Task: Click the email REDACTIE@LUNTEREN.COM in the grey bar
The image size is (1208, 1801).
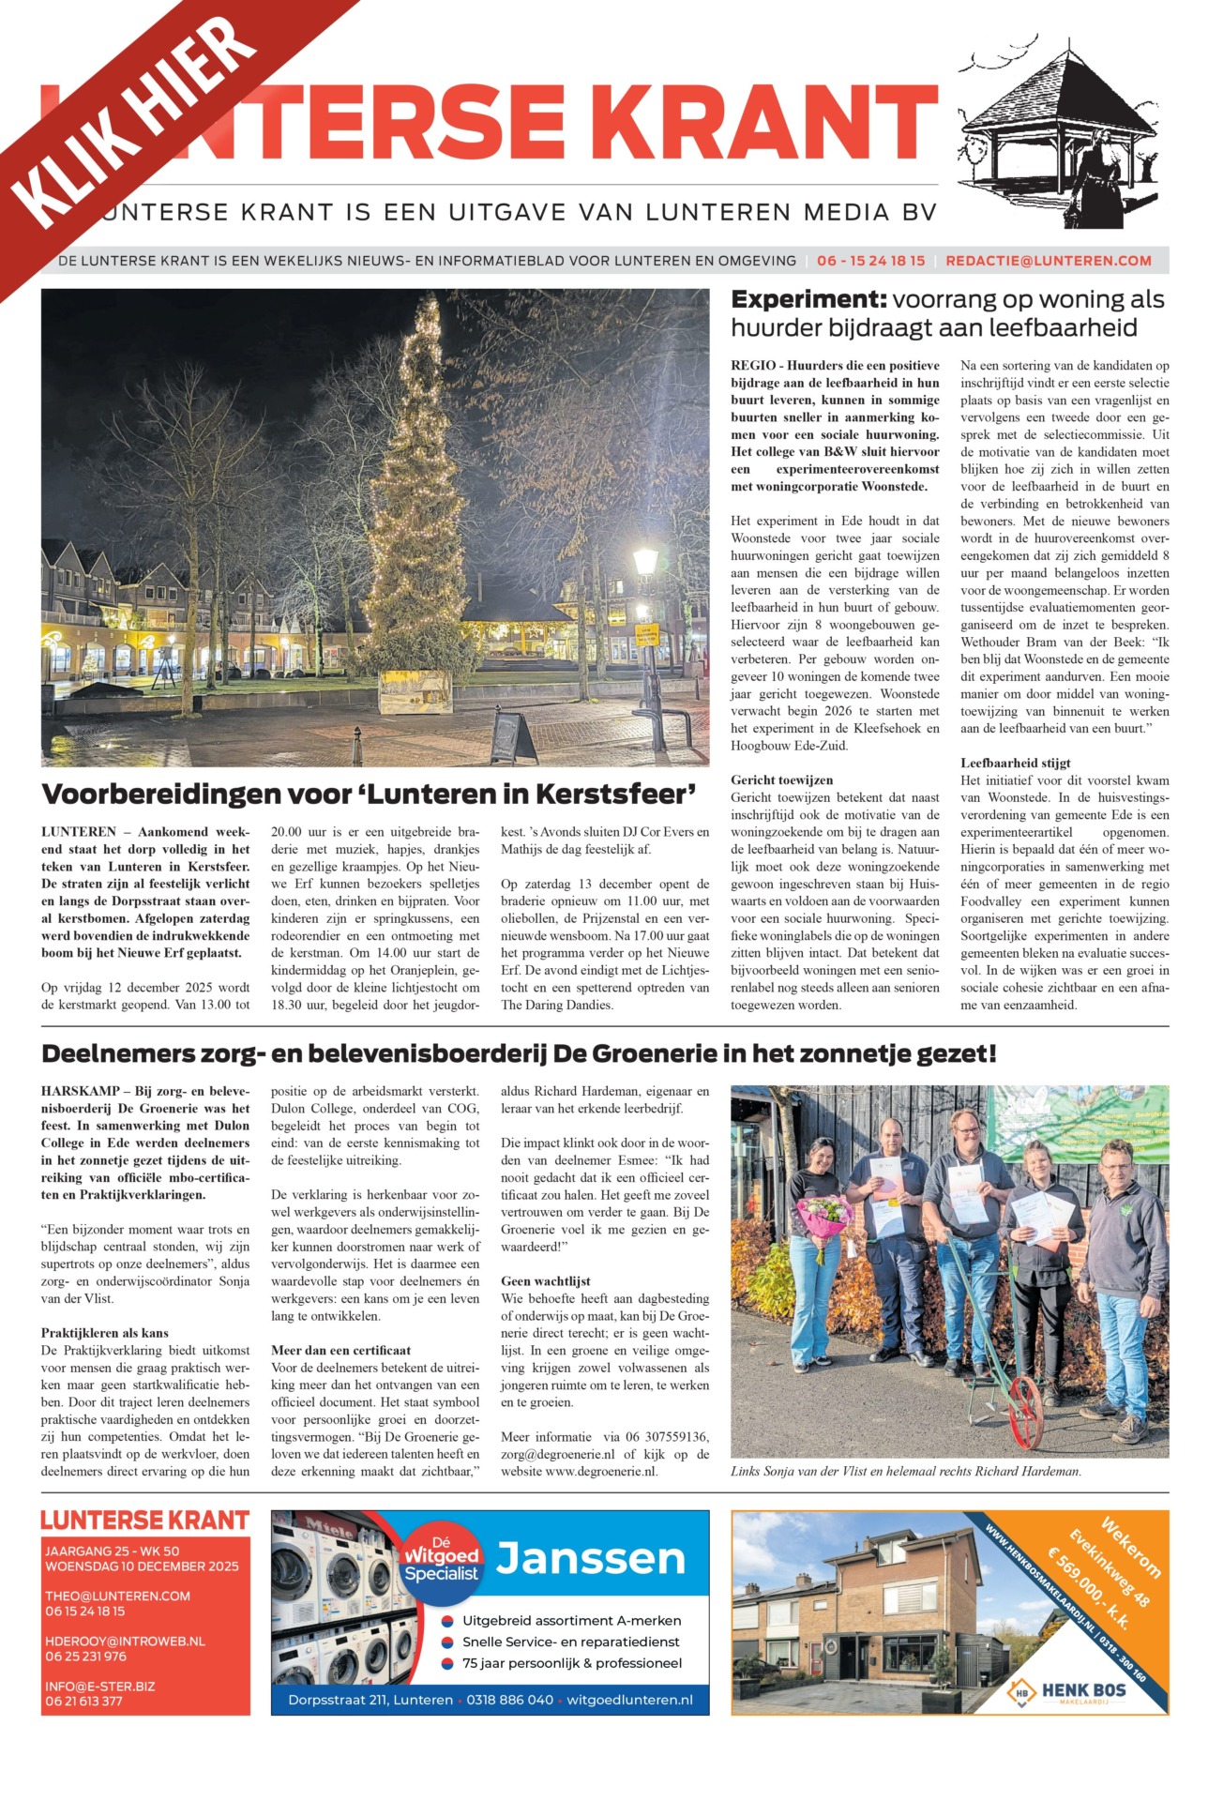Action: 1048,261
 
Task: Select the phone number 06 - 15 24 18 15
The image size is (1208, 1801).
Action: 870,261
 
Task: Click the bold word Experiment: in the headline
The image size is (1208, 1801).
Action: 808,300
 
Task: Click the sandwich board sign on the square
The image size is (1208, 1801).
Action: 514,736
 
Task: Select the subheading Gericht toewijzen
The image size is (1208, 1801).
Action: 781,779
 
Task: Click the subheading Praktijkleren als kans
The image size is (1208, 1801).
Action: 105,1333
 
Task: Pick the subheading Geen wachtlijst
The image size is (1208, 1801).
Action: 546,1281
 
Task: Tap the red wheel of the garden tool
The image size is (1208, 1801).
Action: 1024,1406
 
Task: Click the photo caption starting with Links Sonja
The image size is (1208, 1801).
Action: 905,1472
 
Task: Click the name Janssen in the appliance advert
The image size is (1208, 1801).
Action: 591,1560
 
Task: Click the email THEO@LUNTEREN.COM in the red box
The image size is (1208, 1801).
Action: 117,1596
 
